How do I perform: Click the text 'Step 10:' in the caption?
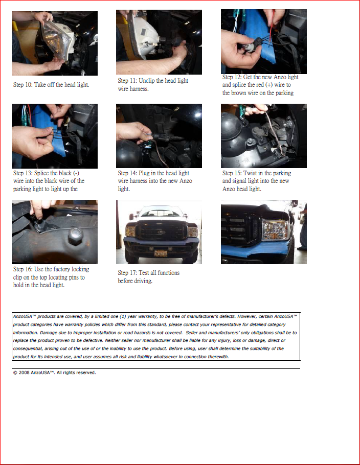tap(22, 85)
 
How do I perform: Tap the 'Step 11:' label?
tap(127, 81)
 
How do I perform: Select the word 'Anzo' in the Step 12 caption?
tap(280, 77)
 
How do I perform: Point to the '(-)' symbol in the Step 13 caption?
tap(76, 173)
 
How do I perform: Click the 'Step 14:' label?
tap(127, 173)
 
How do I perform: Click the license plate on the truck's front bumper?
tap(161, 253)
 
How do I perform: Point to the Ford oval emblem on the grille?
tap(161, 232)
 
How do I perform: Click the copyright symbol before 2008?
tap(15, 373)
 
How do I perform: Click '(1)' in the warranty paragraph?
tap(123, 316)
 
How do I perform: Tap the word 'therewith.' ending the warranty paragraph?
tap(218, 357)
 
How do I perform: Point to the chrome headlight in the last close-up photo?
tap(275, 230)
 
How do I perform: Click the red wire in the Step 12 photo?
tap(271, 32)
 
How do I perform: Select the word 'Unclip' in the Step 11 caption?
tap(147, 81)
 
